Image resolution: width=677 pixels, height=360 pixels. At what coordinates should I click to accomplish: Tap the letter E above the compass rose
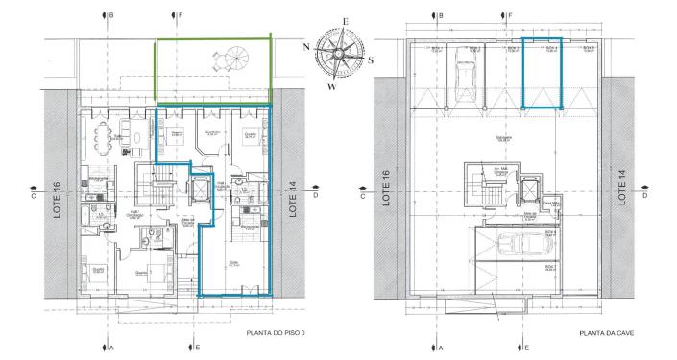pos(344,20)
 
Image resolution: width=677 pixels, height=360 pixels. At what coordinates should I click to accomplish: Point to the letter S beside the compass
pos(370,57)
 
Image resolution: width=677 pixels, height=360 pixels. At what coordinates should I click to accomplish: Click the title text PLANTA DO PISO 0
pos(276,333)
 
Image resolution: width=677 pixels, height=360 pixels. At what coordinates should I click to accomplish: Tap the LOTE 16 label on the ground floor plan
pos(58,193)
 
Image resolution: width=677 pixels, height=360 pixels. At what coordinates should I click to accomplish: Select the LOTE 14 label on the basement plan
pos(627,188)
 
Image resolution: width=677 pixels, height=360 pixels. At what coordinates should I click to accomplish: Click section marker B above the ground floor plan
pos(111,16)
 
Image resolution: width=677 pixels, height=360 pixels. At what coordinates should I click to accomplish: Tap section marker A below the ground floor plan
pos(111,347)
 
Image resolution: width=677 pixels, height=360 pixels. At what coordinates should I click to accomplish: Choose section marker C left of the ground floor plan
pos(33,194)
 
